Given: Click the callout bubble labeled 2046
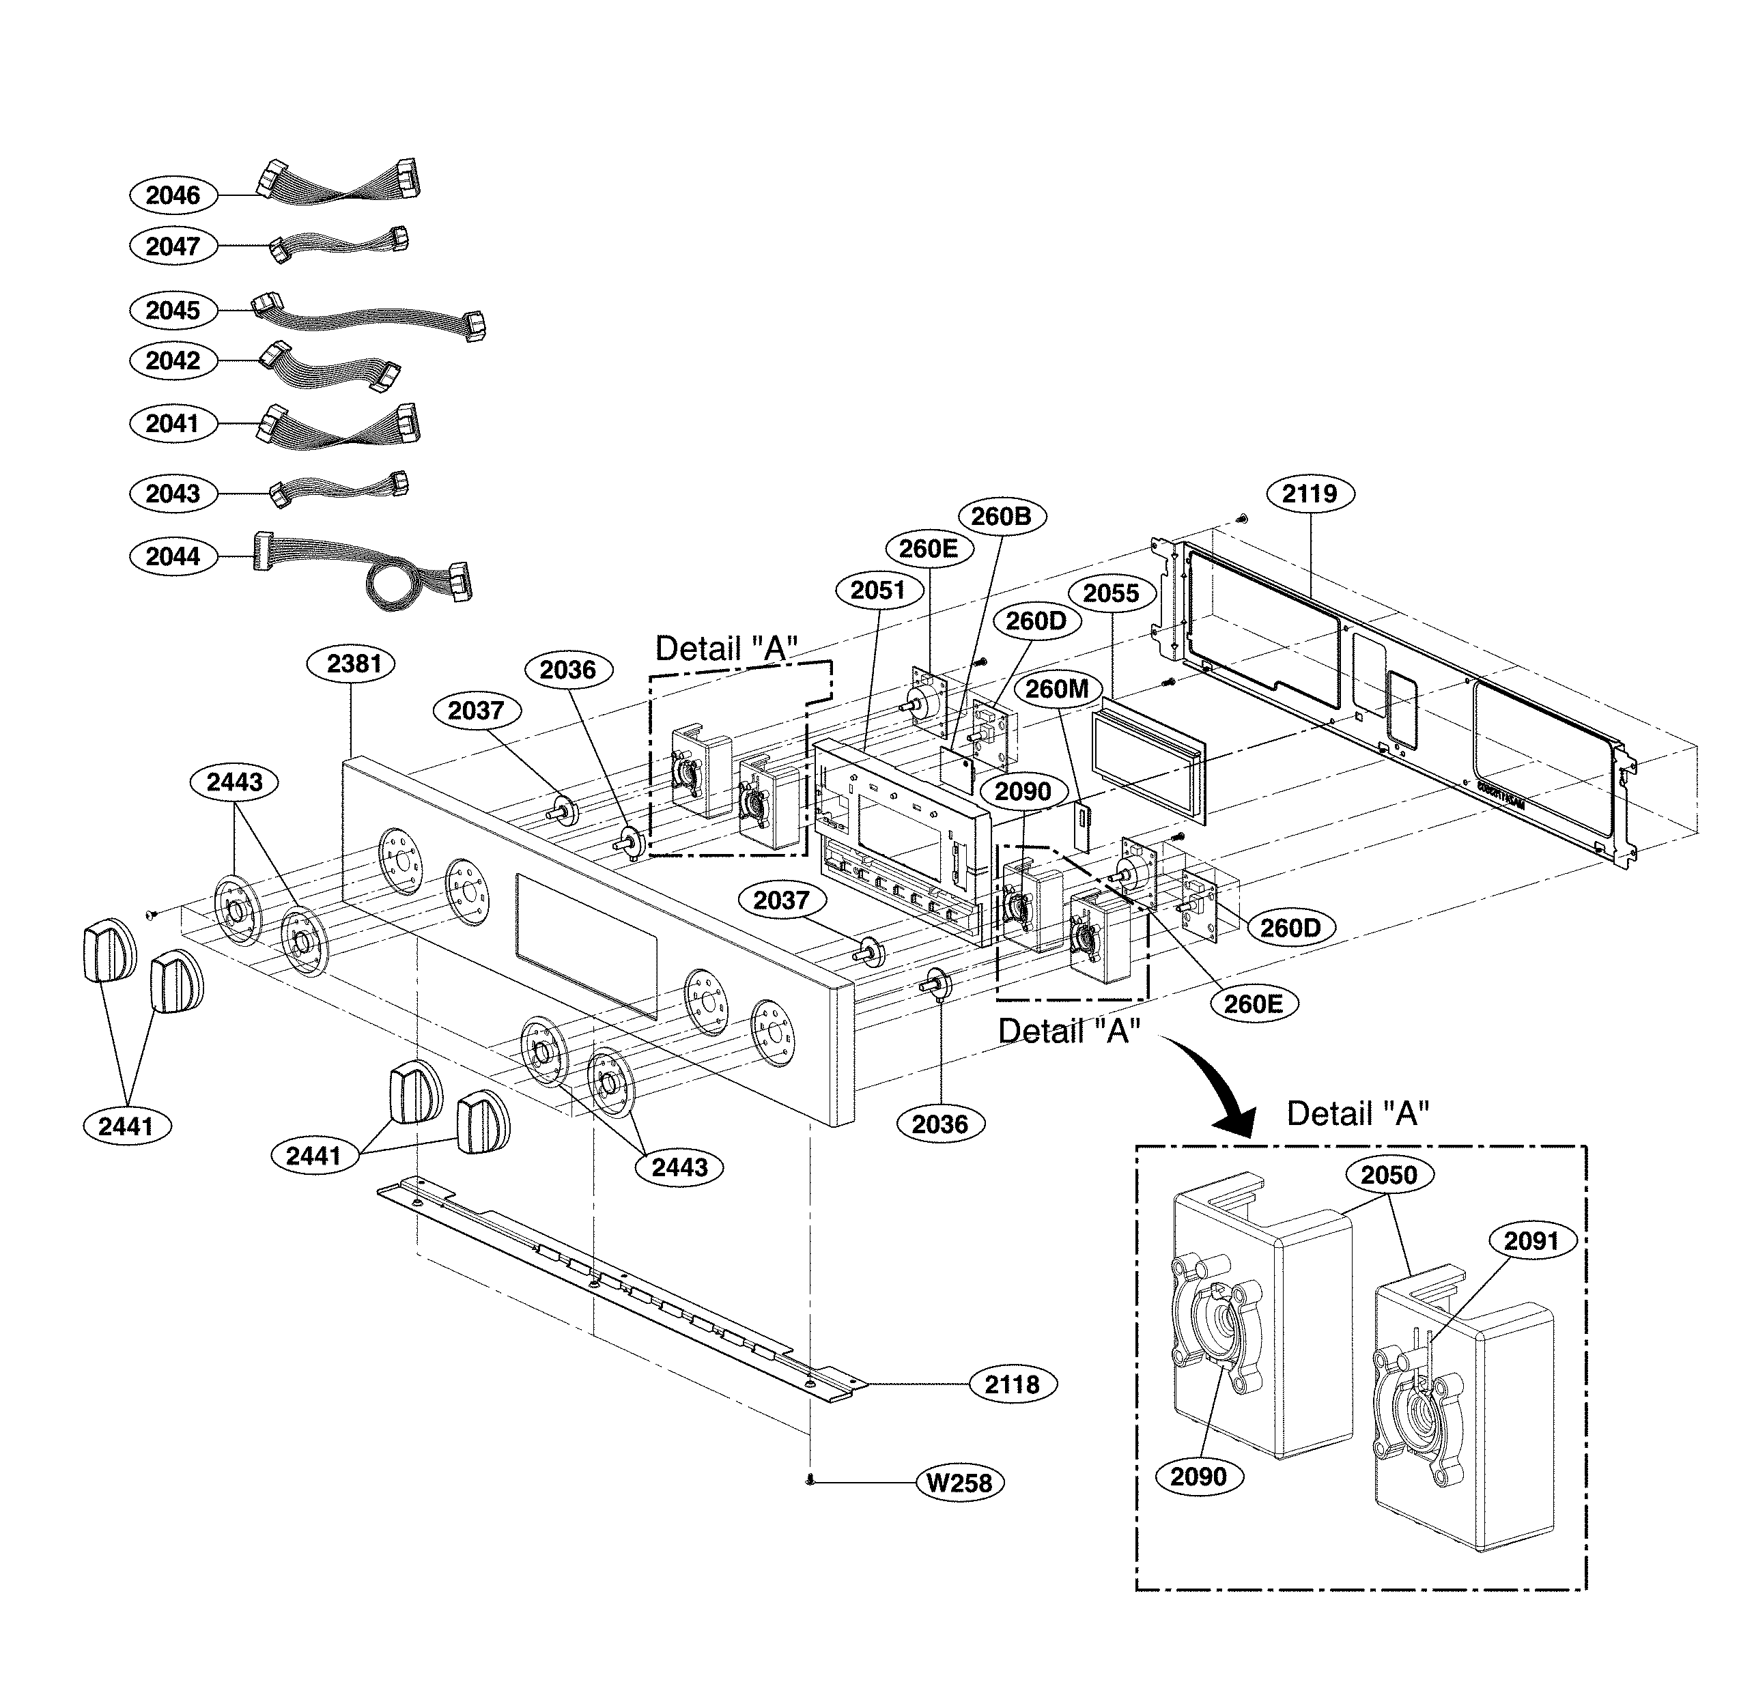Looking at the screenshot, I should (173, 195).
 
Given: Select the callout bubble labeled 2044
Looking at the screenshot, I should (173, 556).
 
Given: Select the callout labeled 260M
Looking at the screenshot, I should (1057, 689).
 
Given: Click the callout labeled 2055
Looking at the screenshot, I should (1111, 593).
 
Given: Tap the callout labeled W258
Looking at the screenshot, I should (959, 1483).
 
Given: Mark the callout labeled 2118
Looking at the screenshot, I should (1012, 1384).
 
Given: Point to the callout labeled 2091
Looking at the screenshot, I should (1531, 1240).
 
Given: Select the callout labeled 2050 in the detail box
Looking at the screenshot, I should (1388, 1174).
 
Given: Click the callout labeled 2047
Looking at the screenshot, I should (173, 246).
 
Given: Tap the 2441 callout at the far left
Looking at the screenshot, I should (126, 1126).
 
